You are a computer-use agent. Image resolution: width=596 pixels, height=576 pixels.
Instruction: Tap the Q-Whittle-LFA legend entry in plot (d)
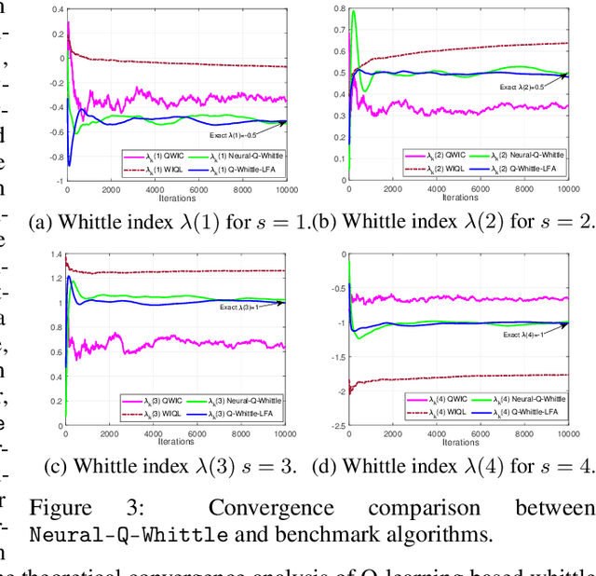click(x=530, y=411)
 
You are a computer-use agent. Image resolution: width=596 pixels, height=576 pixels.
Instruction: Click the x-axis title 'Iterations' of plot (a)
click(x=177, y=198)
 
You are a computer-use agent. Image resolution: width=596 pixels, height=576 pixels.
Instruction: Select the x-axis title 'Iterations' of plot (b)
click(x=460, y=198)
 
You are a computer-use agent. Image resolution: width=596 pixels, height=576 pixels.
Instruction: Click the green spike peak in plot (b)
click(x=353, y=12)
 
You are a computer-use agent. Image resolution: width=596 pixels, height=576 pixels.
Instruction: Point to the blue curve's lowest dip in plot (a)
click(x=68, y=165)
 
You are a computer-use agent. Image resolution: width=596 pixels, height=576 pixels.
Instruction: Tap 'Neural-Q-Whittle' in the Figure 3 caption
click(x=129, y=535)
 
